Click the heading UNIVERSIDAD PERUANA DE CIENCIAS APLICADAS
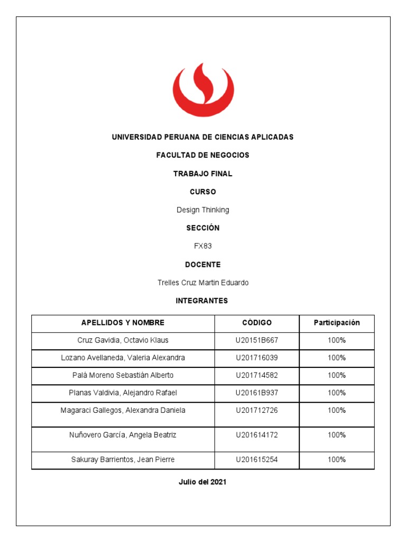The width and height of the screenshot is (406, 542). point(202,137)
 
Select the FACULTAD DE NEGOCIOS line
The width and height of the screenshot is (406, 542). point(202,155)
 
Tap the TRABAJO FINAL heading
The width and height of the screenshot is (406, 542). point(202,174)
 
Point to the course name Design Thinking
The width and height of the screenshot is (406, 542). point(202,210)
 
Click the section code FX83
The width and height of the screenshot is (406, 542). point(202,246)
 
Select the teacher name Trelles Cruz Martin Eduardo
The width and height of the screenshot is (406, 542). point(202,283)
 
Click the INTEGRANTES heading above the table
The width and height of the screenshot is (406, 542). point(202,301)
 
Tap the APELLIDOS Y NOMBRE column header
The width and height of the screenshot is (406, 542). point(123,323)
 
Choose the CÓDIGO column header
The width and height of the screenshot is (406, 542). point(256,323)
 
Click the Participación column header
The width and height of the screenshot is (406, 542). point(336,322)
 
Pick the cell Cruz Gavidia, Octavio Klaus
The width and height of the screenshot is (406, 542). point(123,340)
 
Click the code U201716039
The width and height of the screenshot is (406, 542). point(256,358)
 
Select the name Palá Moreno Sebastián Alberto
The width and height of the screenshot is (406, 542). point(123,375)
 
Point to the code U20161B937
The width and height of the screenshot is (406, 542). point(256,393)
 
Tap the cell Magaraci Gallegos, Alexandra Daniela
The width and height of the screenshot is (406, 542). point(123,410)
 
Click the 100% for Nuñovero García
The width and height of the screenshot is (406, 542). point(336,435)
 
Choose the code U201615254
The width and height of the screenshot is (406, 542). point(256,459)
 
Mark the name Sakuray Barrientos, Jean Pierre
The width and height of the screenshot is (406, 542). point(123,459)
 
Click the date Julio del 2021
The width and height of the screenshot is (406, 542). point(202,482)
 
